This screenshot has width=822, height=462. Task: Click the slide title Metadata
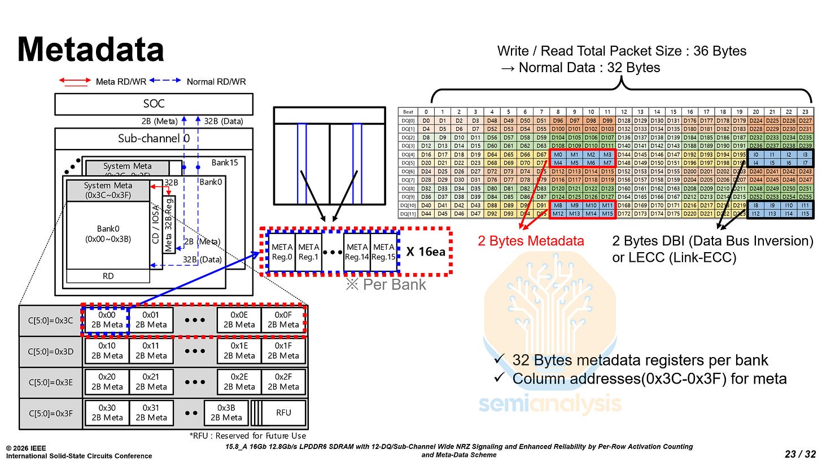(90, 49)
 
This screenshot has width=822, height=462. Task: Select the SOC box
(154, 104)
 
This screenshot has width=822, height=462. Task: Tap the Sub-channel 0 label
(154, 138)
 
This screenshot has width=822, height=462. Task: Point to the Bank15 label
(225, 162)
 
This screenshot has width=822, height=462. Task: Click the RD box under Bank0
(108, 276)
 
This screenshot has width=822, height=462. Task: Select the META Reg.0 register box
(282, 252)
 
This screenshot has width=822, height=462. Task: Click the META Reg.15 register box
(384, 252)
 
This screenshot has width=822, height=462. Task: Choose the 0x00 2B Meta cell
(107, 320)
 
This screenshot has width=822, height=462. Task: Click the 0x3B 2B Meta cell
(226, 412)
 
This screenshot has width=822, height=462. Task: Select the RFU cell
(283, 412)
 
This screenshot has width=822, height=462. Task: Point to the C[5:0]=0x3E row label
(50, 382)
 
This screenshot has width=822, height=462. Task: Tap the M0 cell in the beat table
(558, 154)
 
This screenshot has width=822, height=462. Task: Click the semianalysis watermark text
(550, 404)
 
